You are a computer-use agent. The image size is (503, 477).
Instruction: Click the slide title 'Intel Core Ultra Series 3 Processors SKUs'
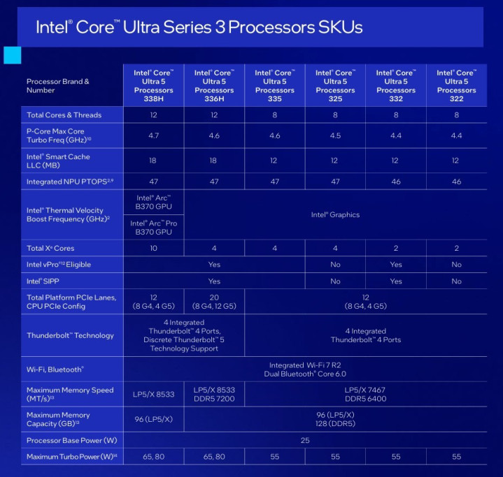199,27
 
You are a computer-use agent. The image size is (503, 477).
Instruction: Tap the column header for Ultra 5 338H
153,86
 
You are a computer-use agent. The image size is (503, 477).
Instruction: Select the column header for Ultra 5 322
456,86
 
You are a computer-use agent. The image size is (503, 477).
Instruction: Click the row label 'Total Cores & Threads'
64,115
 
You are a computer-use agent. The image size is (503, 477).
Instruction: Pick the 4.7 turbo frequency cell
153,135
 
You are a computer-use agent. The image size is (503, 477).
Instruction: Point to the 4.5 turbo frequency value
335,135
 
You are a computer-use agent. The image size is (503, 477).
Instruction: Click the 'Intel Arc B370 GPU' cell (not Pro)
153,203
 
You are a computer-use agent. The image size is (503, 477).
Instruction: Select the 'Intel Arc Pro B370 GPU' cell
153,227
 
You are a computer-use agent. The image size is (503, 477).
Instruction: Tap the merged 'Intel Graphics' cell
335,214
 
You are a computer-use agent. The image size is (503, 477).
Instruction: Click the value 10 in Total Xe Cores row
153,248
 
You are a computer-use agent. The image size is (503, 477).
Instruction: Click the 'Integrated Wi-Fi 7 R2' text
304,365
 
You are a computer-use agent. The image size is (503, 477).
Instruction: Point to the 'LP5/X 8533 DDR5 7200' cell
214,394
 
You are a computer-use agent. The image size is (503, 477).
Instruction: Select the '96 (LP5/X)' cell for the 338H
153,419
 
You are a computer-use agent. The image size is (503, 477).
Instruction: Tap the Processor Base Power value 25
304,441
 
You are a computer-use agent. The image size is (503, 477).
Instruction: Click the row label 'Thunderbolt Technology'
70,335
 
